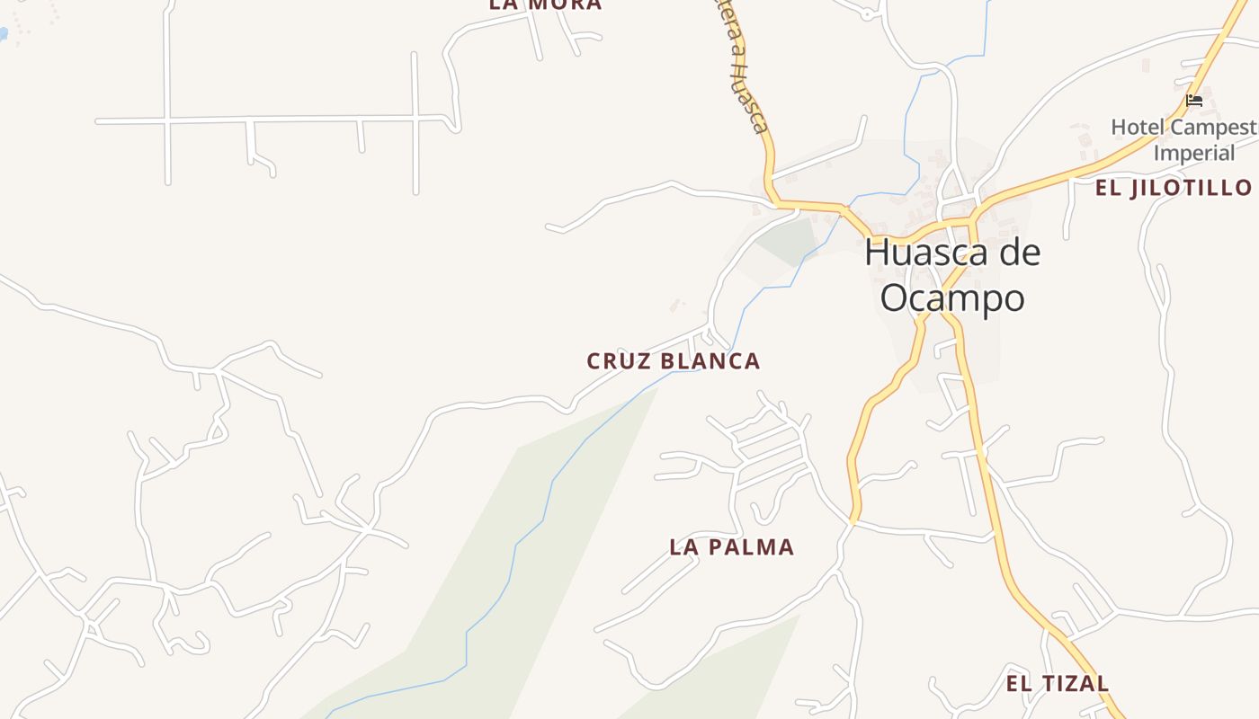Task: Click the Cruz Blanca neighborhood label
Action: click(x=673, y=361)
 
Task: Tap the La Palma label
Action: click(x=731, y=547)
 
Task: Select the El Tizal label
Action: click(x=1057, y=684)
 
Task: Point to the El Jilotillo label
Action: click(x=1173, y=188)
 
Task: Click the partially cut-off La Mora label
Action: click(x=545, y=4)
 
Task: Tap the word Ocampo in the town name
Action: click(x=952, y=298)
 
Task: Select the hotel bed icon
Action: click(x=1194, y=100)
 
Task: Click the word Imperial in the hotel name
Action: click(x=1194, y=153)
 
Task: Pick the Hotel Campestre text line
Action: click(x=1183, y=128)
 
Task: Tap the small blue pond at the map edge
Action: click(x=3, y=33)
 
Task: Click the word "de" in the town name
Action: click(x=1019, y=253)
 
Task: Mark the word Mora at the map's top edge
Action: click(x=564, y=4)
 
